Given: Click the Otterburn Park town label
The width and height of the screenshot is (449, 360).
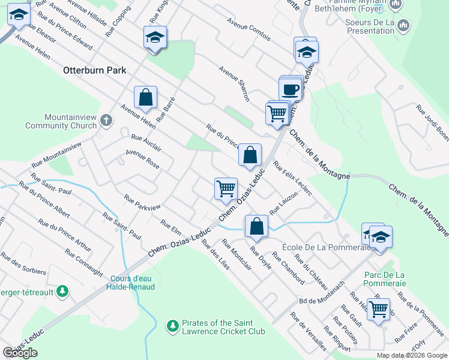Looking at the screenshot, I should tap(95, 70).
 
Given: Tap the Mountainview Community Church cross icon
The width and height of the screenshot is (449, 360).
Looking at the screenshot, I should tap(106, 120).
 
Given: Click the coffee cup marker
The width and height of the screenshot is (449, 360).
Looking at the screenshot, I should tap(291, 89).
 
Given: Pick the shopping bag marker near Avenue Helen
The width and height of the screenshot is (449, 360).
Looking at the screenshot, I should tap(145, 98).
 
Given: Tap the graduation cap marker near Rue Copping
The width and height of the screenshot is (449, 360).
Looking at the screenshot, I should tap(155, 38).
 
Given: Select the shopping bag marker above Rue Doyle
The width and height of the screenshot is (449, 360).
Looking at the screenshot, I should tap(256, 227).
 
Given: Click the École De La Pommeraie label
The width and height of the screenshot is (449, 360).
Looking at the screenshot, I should tap(313, 247).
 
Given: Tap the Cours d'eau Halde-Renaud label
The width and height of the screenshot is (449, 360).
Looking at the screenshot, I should tap(133, 282).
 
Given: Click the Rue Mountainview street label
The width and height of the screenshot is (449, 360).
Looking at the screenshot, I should tap(56, 155).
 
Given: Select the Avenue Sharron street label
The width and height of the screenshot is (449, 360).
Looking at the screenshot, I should tap(234, 84).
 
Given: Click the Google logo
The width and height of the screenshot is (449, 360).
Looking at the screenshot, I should tap(20, 353).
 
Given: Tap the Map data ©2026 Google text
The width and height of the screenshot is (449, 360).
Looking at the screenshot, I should tap(411, 355).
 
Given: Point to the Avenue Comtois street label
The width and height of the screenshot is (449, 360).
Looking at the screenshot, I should tap(248, 29).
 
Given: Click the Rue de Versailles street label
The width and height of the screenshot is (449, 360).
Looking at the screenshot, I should tap(309, 331).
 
